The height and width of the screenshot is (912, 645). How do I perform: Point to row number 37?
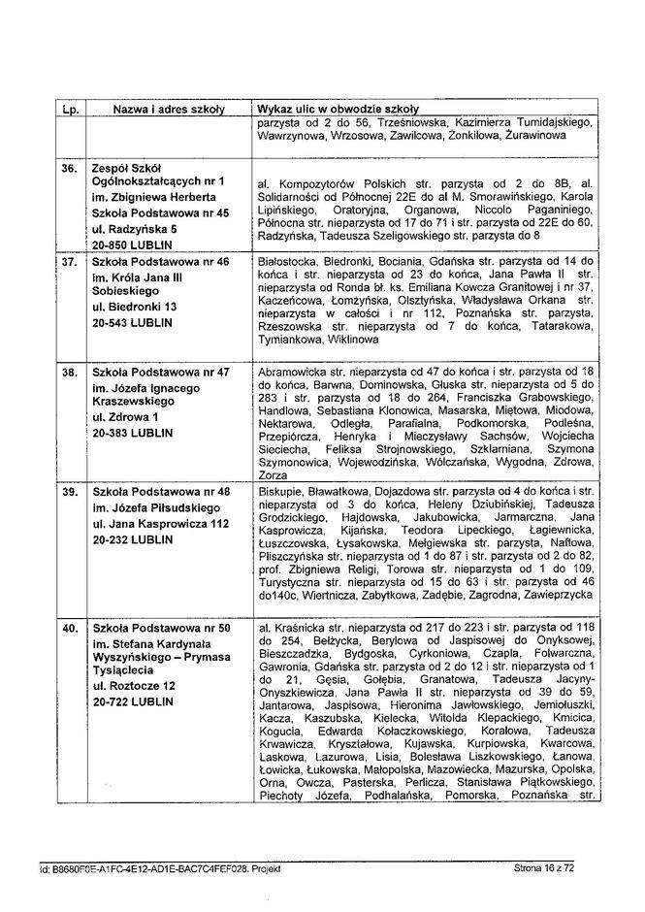coord(69,262)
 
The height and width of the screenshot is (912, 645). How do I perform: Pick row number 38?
coord(69,372)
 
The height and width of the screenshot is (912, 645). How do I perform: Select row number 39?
coord(69,493)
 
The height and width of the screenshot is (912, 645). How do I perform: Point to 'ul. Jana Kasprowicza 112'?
coord(159,524)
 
